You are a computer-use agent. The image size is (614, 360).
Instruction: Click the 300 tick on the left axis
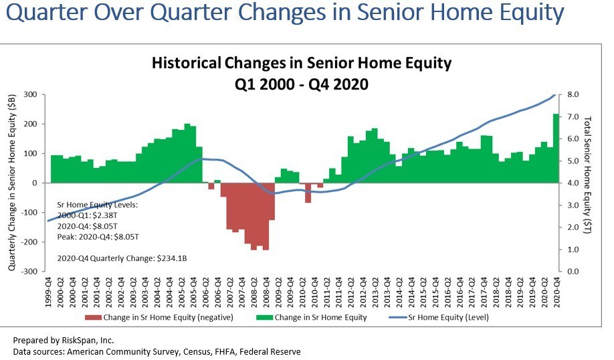coord(29,94)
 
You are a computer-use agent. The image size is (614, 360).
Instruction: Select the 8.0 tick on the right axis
coord(573,94)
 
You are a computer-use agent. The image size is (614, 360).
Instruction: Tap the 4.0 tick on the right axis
coord(573,183)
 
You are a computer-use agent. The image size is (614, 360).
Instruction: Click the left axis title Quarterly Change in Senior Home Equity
coord(13,182)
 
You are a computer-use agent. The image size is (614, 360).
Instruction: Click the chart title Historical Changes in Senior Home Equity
coord(302,64)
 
